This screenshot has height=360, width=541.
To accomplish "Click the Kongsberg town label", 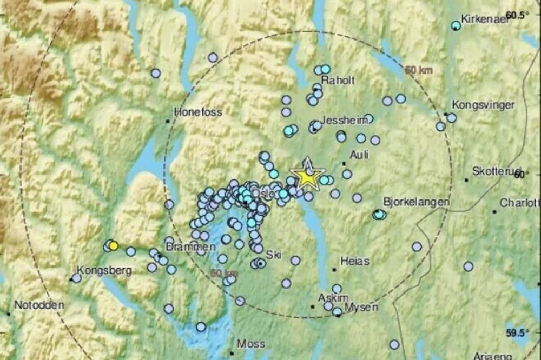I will (x=104, y=270).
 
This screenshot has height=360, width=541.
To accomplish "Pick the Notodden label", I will (x=39, y=305).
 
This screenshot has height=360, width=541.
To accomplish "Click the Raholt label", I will (x=338, y=81).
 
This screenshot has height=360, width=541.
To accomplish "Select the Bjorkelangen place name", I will (x=416, y=202).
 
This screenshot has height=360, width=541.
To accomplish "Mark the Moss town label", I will (x=252, y=344).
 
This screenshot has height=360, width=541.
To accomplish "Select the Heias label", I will (x=354, y=262).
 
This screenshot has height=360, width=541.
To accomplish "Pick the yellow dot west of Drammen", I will (x=113, y=246).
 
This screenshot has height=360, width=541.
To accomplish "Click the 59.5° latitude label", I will (x=517, y=332).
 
